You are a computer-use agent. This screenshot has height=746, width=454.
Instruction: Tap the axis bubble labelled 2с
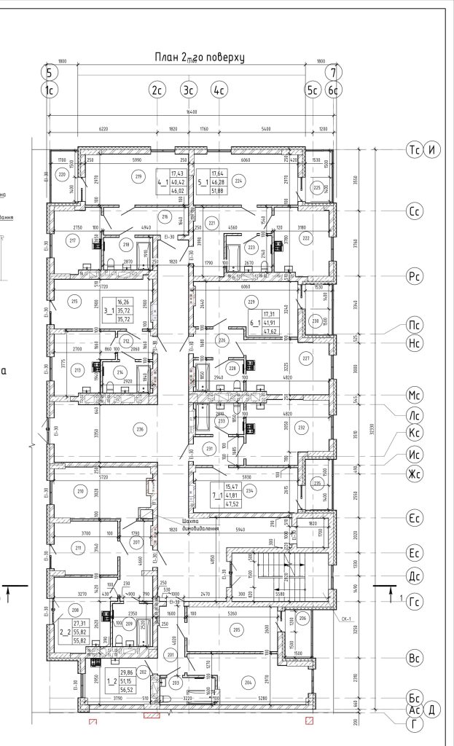(x=156, y=90)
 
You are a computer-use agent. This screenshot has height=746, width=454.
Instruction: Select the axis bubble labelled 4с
(x=219, y=90)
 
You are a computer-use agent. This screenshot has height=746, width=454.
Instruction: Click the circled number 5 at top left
(x=50, y=72)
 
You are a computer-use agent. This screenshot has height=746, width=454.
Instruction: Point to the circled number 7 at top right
(x=334, y=72)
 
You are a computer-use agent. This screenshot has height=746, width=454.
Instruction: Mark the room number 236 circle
(x=141, y=429)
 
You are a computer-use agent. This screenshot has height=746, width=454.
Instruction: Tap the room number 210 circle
(x=80, y=492)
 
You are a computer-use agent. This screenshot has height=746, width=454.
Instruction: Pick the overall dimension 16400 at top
(x=192, y=112)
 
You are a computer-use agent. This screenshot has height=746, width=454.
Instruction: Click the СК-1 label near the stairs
(x=345, y=619)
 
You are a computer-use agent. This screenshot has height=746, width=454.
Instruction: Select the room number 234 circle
(x=250, y=490)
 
